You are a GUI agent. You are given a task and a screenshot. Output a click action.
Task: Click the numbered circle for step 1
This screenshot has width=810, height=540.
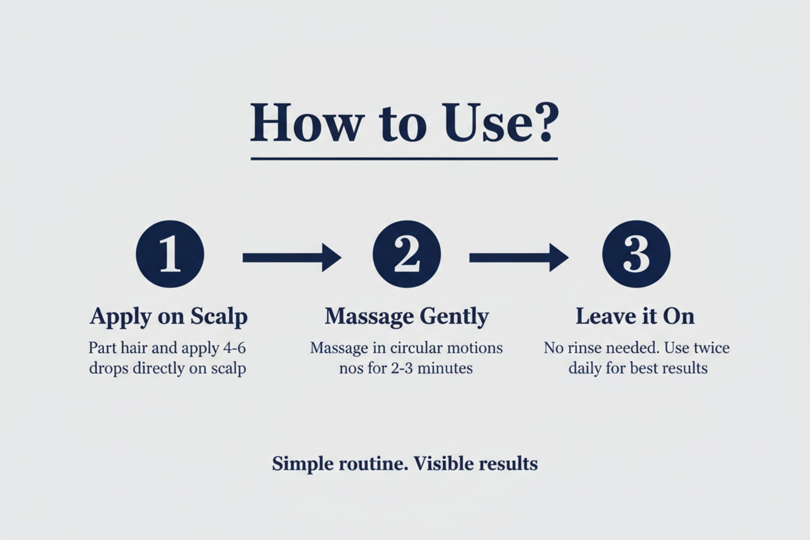coord(170,254)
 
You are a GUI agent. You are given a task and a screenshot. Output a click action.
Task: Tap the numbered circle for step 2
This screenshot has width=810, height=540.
coord(407,254)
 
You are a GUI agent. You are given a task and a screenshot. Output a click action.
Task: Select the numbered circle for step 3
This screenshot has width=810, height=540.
coord(636,254)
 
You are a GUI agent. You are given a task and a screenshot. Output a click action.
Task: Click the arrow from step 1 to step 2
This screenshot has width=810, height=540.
coord(292,257)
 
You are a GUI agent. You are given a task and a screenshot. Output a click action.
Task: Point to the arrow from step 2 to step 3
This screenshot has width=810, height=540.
coord(519,257)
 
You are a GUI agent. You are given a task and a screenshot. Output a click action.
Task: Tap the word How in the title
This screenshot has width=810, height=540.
coord(307,122)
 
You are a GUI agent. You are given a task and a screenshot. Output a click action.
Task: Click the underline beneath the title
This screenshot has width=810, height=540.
coord(404,159)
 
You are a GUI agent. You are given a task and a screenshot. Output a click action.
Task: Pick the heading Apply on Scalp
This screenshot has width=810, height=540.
coord(169,317)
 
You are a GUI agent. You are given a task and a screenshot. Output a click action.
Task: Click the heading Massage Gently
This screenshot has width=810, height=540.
coord(407,317)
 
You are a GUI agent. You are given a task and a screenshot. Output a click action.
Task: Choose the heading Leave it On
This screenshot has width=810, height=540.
coord(635,316)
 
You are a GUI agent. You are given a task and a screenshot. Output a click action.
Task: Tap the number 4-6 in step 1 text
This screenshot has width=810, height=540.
coord(234,348)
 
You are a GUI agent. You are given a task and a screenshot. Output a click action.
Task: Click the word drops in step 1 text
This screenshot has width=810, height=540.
coord(108,369)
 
